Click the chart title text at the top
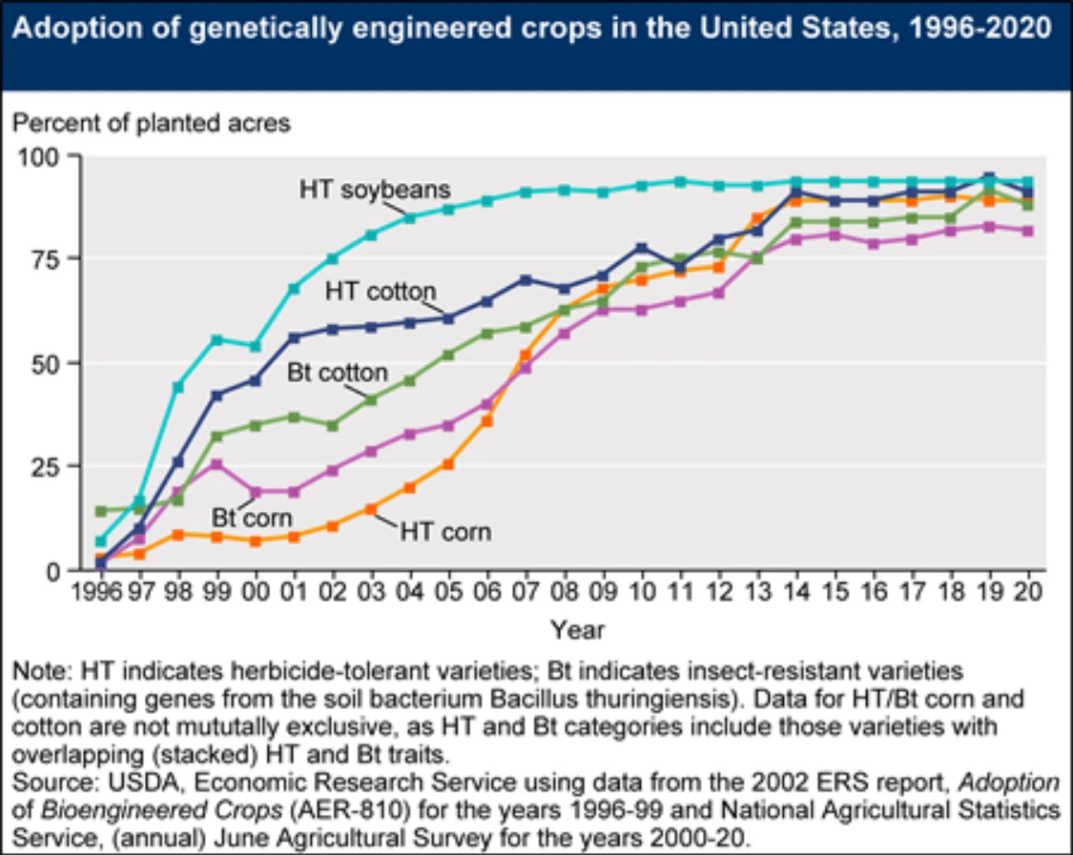click(x=535, y=29)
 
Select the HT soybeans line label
click(x=374, y=189)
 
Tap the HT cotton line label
click(x=381, y=291)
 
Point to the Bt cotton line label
click(x=338, y=372)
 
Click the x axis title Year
click(x=576, y=630)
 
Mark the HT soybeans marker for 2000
click(x=255, y=347)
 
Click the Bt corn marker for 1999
click(x=217, y=465)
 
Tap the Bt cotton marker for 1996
click(x=101, y=511)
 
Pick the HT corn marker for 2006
click(x=486, y=420)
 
